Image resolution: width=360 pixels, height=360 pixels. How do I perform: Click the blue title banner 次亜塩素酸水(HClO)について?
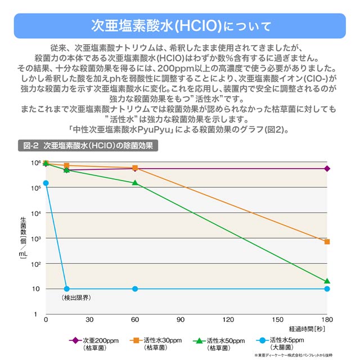coord(180,26)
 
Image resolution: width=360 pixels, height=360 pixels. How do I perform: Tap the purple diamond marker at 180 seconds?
coord(327,169)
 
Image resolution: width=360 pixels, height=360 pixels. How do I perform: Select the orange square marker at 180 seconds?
coord(327,242)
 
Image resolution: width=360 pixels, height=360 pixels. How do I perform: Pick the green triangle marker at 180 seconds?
coord(327,281)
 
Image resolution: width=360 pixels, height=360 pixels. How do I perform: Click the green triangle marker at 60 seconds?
coord(135,183)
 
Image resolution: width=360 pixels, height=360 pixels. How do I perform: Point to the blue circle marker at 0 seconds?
coord(46,183)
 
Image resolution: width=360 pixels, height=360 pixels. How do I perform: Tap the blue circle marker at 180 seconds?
coord(327,289)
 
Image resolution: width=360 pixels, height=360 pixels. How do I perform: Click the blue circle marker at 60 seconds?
coord(135,289)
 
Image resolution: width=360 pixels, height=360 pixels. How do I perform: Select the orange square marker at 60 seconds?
coord(135,168)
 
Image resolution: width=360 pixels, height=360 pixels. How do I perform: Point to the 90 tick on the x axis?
coord(181,319)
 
